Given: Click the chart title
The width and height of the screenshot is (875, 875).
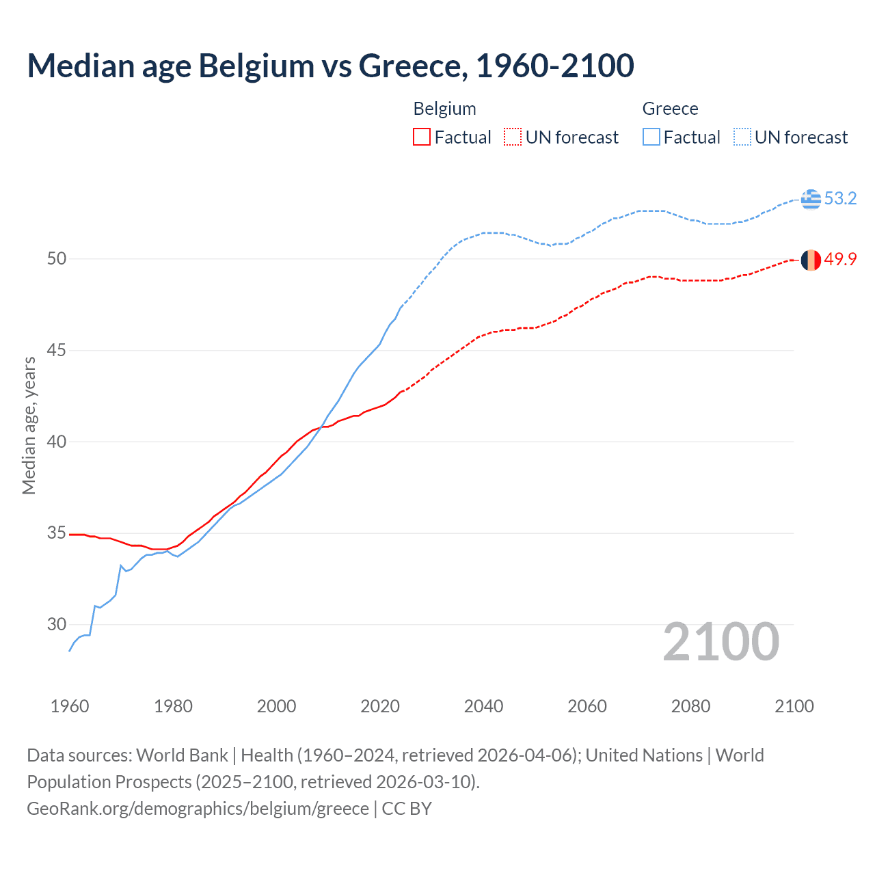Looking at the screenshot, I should pos(330,66).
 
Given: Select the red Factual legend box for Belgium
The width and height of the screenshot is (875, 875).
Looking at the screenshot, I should pos(422,137).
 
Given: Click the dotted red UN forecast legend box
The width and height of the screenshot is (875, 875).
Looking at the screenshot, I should pos(513,137).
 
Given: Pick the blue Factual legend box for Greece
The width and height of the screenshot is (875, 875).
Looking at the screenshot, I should pos(651,137).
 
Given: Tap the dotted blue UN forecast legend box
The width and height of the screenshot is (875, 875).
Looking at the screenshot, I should pos(742,137).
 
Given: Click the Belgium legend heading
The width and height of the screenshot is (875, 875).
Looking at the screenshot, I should pos(444,109).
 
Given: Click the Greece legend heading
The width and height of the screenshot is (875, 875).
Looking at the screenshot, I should pos(670,109).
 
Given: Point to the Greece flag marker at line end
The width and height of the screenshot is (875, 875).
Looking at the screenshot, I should pos(811,199).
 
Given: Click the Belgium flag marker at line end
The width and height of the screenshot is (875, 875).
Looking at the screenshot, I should pos(811,260).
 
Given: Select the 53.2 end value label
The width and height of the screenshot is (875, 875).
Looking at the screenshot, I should pos(840,199).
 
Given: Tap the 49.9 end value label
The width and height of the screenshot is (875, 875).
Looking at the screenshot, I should pos(840,260).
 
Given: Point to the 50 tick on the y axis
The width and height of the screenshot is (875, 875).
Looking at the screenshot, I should pos(57,259).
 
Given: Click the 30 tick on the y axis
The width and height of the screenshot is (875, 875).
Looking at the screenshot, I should pos(57,624).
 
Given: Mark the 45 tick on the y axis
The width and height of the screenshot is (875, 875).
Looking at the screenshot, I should pos(57,351).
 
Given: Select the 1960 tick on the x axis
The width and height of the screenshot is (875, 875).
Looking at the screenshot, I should pos(70,706).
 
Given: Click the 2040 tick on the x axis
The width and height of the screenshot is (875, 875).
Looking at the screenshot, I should pos(483,706).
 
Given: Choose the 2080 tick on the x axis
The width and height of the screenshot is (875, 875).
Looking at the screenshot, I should pos(690,706).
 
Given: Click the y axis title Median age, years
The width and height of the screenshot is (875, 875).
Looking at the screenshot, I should pos(29,425).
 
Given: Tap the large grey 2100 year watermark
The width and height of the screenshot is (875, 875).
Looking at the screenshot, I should pos(721,642).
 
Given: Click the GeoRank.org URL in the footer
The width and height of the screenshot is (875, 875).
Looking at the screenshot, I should pos(198,809).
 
